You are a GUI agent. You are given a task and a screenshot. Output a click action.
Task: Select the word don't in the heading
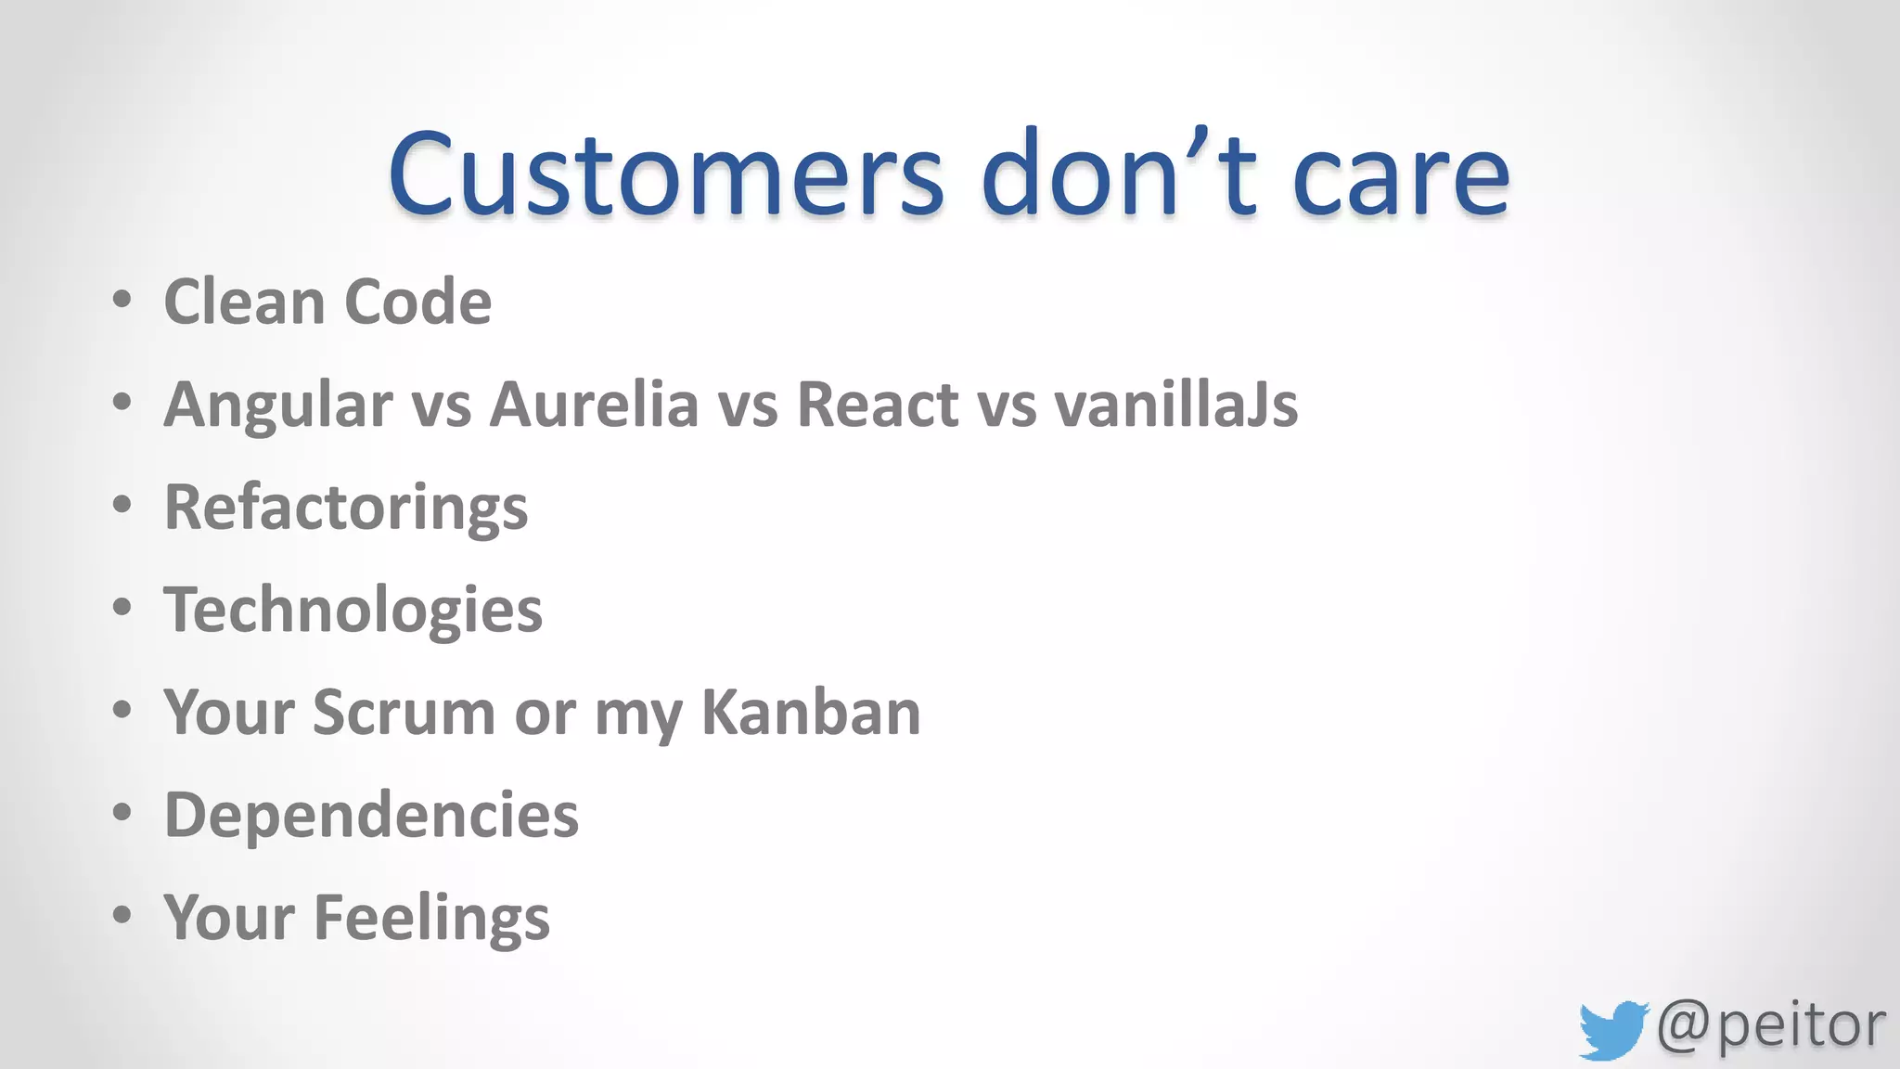[1119, 174]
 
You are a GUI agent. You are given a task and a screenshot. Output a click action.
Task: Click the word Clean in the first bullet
[243, 302]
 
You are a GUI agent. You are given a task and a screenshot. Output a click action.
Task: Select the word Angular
[278, 406]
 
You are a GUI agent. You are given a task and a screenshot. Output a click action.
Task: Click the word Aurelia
[594, 405]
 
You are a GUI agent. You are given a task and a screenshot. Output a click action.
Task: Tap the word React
[878, 405]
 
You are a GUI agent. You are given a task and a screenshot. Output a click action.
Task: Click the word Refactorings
[345, 508]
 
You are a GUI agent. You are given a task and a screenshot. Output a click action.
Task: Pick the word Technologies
[353, 611]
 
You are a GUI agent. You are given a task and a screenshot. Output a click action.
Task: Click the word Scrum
[404, 713]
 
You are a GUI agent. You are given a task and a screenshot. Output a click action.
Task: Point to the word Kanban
[810, 713]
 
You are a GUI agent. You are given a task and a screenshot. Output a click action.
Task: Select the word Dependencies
[371, 815]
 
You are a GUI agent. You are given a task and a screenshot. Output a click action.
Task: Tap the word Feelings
[431, 919]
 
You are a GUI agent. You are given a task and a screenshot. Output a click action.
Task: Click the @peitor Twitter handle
[1770, 1026]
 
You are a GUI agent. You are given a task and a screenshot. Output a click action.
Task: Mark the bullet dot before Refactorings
[122, 505]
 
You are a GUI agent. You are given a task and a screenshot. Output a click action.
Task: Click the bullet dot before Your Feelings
[122, 915]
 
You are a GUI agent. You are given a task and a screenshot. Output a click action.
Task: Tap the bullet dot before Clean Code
[122, 300]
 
